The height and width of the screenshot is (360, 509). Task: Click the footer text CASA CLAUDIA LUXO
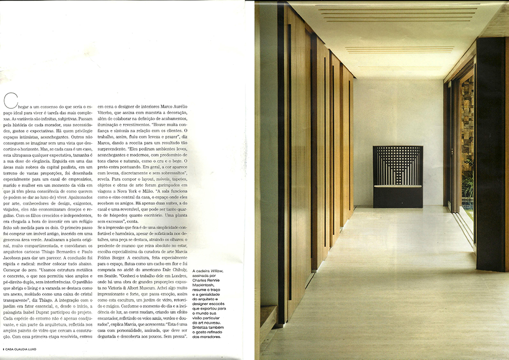tap(25, 349)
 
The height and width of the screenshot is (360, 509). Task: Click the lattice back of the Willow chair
tap(398, 165)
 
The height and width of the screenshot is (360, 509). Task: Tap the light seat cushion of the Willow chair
tap(398, 186)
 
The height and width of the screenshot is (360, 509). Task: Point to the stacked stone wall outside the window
tap(467, 122)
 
